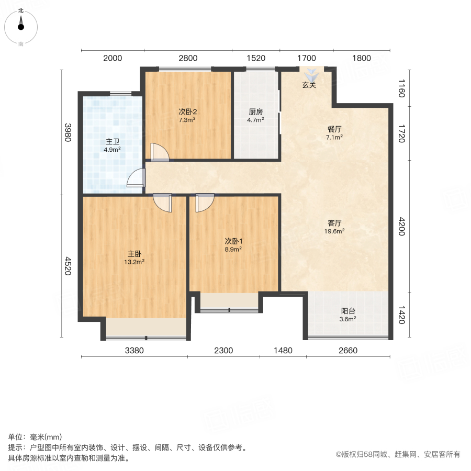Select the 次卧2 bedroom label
click(187, 111)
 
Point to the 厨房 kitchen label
click(255, 111)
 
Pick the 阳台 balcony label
click(348, 310)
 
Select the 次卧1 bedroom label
click(233, 241)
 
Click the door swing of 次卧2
click(159, 152)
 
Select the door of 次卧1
click(204, 203)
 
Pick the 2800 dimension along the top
click(188, 58)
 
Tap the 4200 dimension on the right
click(402, 226)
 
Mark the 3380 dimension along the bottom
click(134, 351)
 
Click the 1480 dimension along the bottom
click(283, 351)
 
